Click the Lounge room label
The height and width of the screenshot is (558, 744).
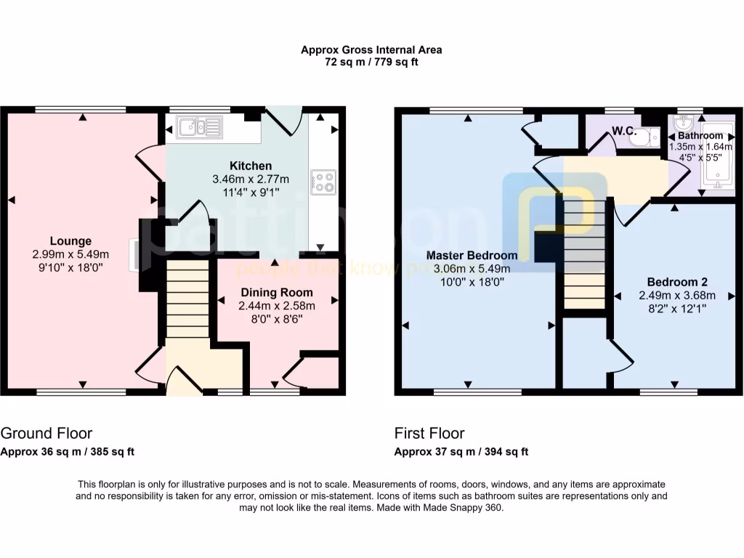[70, 241]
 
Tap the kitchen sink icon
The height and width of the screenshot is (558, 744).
[198, 128]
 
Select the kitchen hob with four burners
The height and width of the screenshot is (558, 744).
[324, 182]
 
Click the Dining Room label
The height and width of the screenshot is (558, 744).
[276, 292]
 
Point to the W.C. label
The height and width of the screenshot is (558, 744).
[623, 132]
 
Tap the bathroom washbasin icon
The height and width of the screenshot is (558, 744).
[684, 121]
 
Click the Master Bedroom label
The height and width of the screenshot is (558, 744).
[472, 256]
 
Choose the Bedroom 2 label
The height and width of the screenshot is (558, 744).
[677, 282]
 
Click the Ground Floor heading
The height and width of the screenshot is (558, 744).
[46, 434]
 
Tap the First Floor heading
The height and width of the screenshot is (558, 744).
[429, 434]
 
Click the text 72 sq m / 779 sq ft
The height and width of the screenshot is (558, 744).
[371, 62]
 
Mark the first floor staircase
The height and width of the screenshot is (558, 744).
[584, 254]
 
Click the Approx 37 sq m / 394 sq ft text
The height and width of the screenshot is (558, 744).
[461, 451]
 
